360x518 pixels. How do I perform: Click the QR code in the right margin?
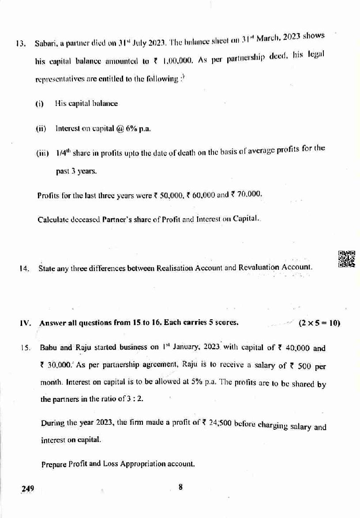pos(346,259)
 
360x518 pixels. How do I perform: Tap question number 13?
pos(19,44)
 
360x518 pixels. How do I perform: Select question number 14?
pos(24,268)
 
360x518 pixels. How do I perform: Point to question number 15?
pos(25,348)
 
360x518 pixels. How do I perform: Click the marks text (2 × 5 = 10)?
pos(319,323)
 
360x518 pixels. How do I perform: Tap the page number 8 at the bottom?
pos(180,487)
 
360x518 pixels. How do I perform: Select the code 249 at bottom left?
pos(28,488)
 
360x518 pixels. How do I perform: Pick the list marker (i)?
pos(40,104)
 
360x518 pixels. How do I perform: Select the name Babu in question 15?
pos(49,348)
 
